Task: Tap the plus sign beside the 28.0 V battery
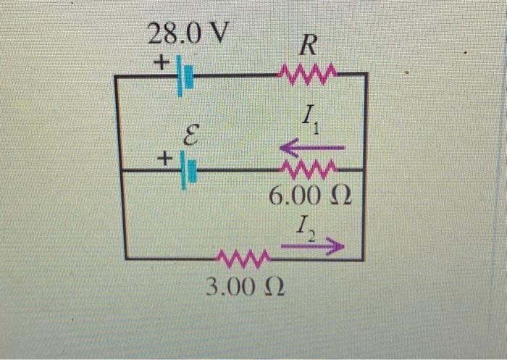(159, 64)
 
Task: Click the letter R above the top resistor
(308, 47)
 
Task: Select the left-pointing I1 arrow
(311, 148)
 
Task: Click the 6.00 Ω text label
(309, 196)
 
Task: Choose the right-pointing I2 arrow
(311, 248)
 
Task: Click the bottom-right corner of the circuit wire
(364, 259)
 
